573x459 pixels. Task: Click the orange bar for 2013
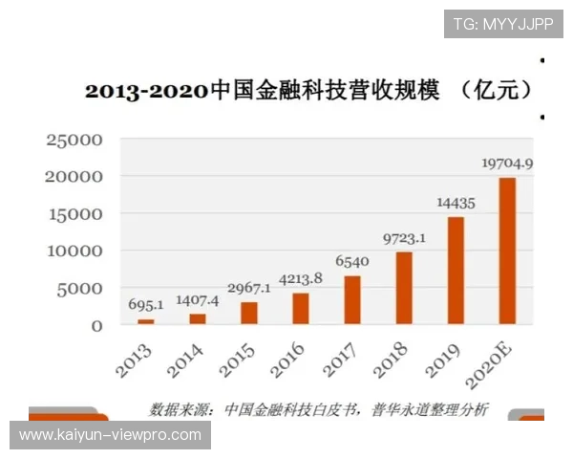coord(146,321)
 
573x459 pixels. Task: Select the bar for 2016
coord(301,308)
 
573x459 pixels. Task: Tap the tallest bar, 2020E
coord(507,251)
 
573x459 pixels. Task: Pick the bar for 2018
coord(404,288)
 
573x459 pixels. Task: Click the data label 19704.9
coord(506,164)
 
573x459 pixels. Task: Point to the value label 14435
coord(456,204)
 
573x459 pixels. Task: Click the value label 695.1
coord(146,305)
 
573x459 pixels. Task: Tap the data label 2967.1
coord(249,288)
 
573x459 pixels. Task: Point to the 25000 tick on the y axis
coord(74,141)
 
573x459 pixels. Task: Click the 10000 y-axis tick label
coord(74,251)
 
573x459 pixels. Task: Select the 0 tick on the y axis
coord(95,326)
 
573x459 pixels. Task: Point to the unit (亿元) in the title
coord(494,91)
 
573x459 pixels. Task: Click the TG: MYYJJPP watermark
coord(503,24)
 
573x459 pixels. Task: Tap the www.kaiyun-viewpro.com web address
coord(111,435)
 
